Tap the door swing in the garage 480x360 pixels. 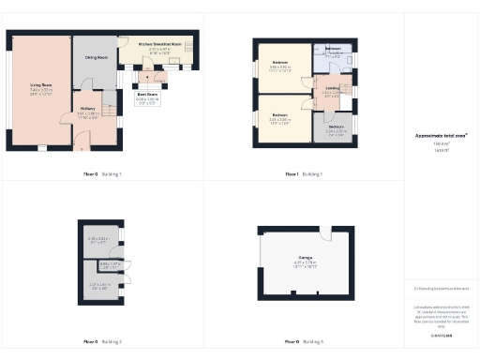coord(322,233)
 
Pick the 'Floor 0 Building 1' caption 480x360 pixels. coord(102,174)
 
